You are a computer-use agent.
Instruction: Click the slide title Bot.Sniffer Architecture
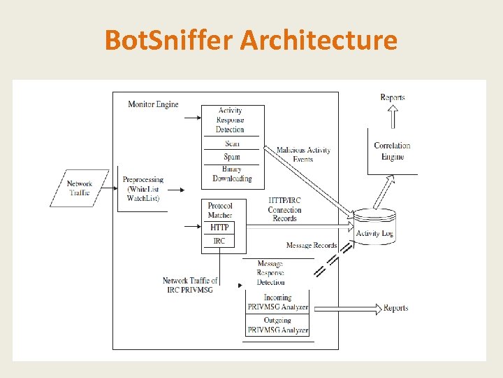251,40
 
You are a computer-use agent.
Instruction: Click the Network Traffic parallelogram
80,188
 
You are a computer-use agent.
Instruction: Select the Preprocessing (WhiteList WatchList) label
143,189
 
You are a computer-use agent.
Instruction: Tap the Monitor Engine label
153,104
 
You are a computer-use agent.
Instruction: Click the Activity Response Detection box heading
230,120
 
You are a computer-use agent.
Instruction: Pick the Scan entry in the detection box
232,143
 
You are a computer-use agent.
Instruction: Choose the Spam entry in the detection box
232,157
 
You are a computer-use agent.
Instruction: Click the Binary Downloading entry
232,174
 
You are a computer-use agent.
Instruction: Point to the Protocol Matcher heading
220,210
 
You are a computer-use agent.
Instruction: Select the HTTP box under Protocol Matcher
219,227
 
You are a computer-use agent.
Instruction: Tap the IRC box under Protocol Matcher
219,241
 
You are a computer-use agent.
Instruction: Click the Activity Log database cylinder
374,227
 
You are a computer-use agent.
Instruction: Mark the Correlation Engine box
392,151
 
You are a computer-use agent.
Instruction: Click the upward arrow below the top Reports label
393,113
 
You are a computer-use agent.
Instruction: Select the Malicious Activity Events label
302,155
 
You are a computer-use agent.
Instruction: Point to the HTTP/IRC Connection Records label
285,209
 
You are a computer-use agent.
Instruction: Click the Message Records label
311,246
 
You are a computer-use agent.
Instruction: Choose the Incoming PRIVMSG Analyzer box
277,302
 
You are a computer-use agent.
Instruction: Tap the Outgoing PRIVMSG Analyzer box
277,325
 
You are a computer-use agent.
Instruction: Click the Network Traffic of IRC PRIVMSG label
190,285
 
